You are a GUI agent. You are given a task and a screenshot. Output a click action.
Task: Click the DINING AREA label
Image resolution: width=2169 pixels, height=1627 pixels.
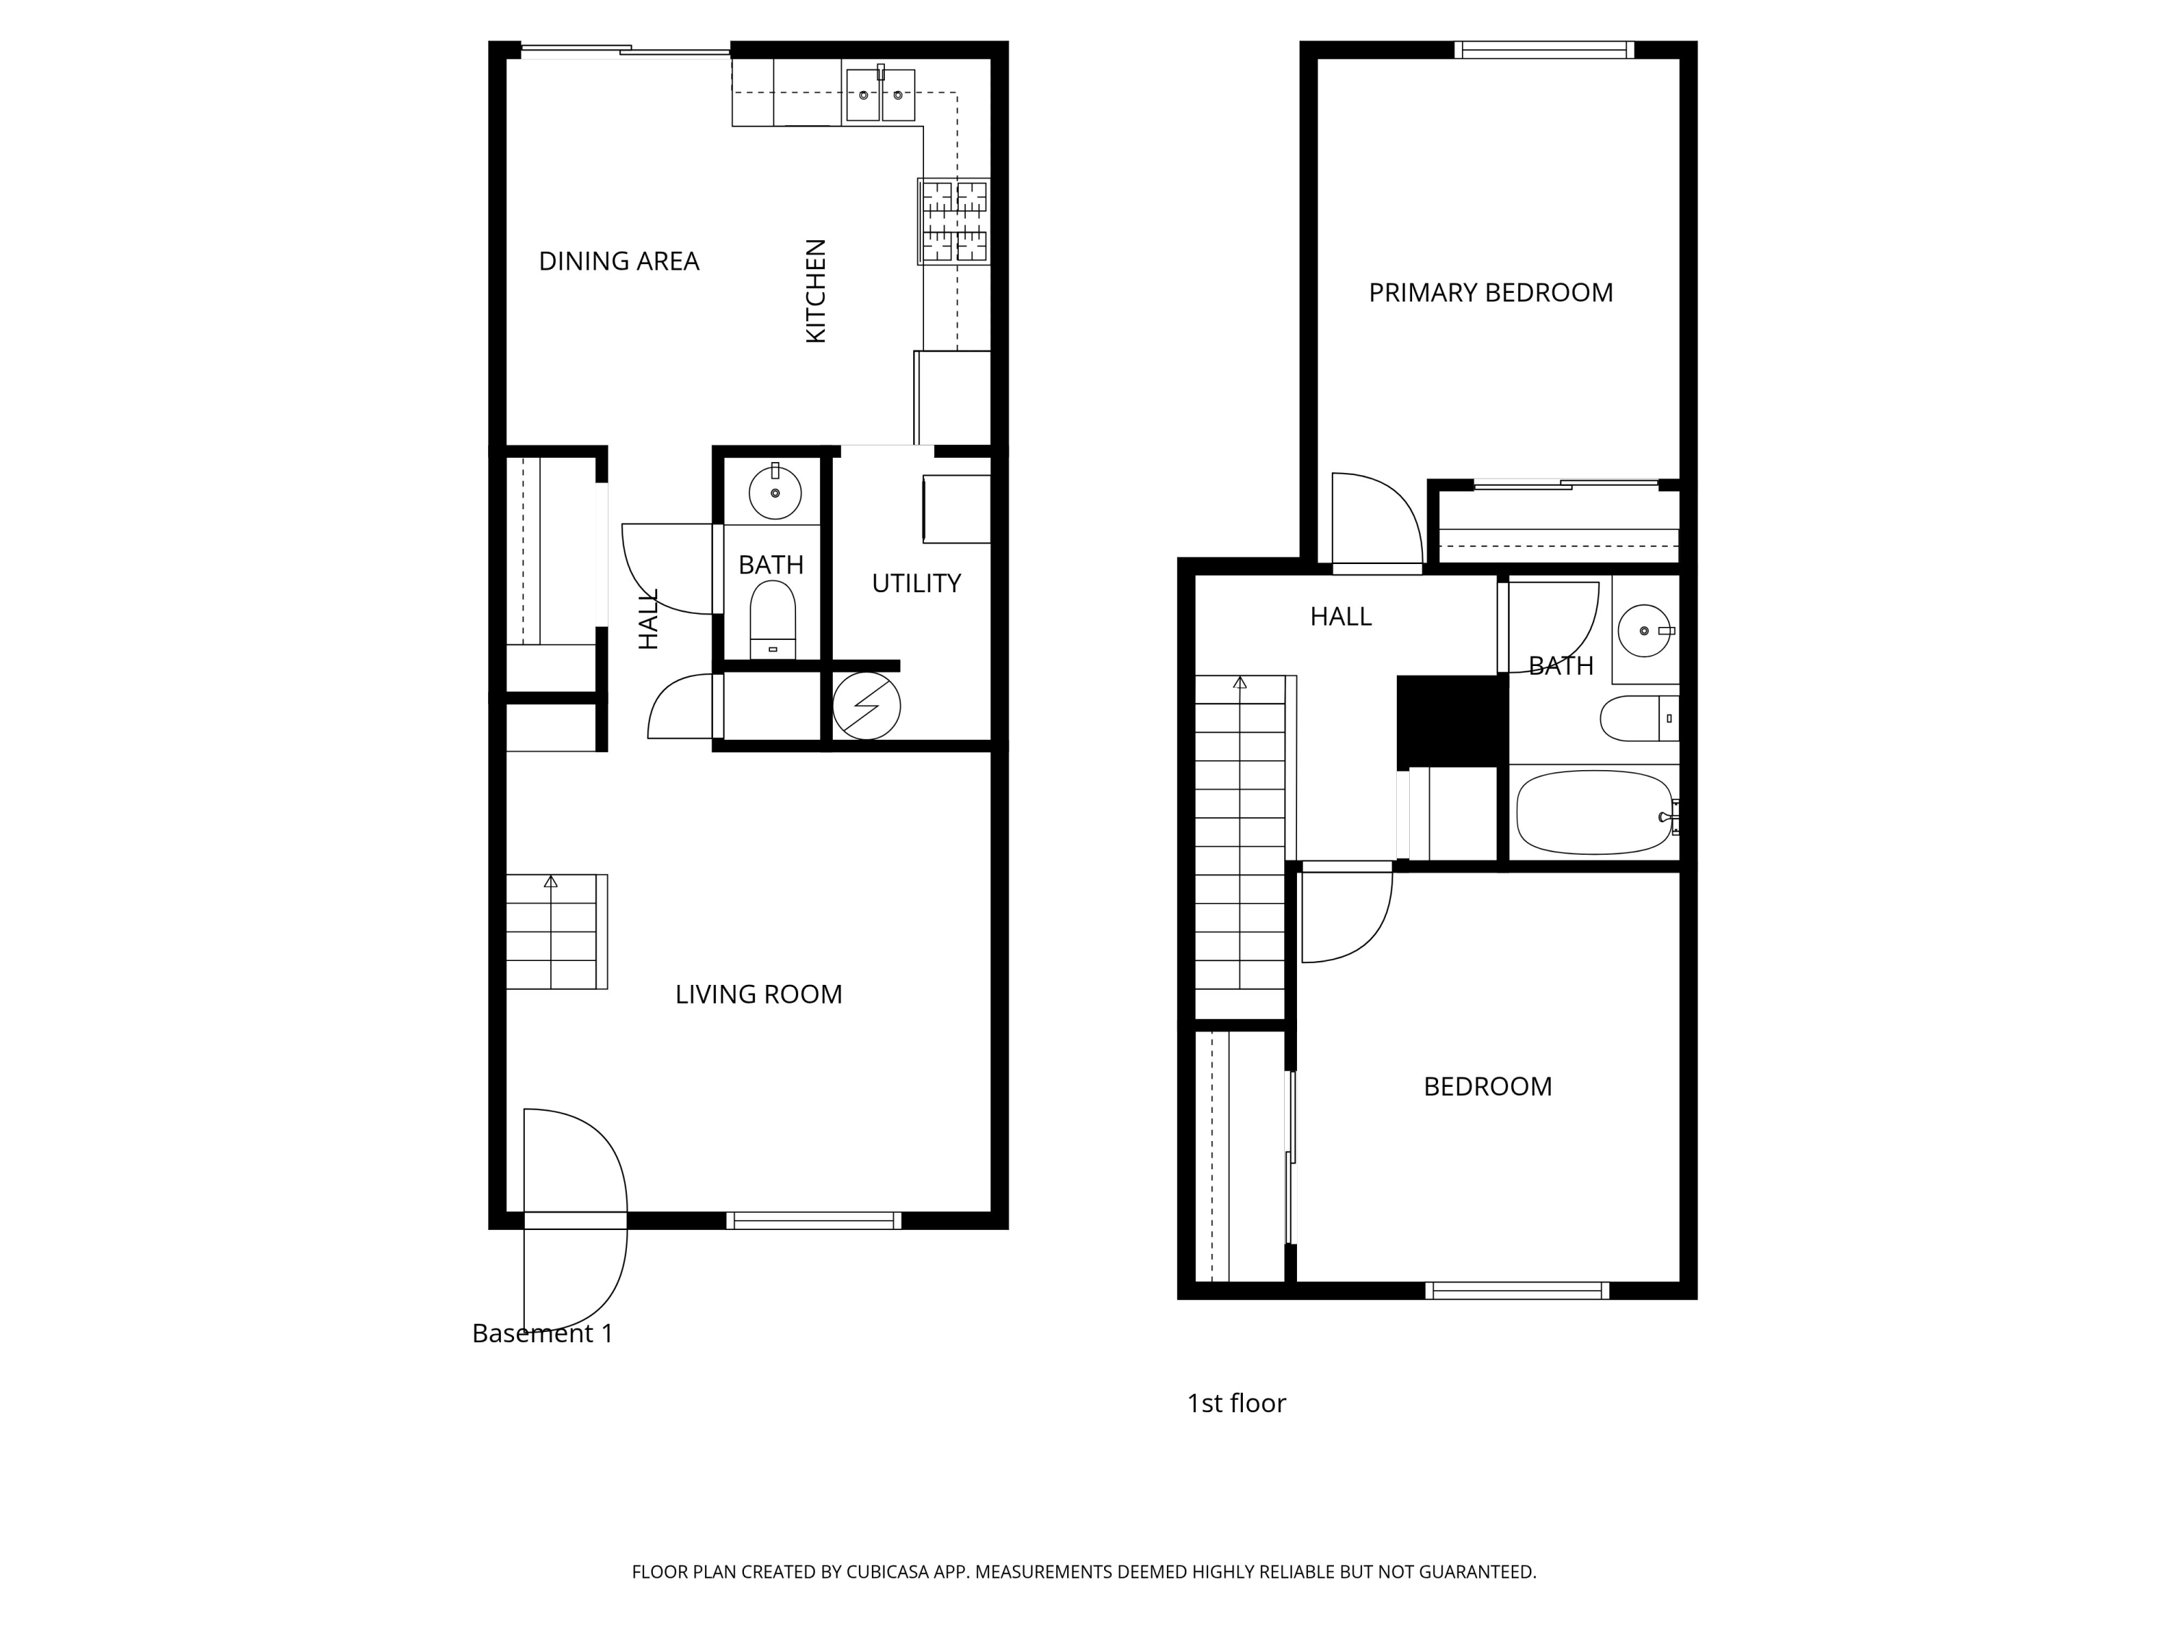pos(619,262)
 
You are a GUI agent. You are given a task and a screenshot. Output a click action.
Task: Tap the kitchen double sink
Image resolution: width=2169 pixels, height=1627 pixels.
pos(880,95)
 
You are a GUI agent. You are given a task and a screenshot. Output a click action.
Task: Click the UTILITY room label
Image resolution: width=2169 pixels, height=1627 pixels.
pos(916,584)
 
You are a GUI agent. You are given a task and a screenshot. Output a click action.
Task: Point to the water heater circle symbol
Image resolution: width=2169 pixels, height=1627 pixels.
pos(866,706)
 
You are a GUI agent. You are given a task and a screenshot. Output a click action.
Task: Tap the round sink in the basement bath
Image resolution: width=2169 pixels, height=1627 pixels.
pos(774,492)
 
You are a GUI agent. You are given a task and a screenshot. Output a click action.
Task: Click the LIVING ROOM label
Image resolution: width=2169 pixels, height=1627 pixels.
pos(758,994)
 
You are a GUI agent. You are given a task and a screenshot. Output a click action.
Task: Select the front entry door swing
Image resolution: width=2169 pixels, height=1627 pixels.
pos(573,1167)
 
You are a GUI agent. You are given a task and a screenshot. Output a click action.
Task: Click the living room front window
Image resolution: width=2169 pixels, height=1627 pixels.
pos(813,1220)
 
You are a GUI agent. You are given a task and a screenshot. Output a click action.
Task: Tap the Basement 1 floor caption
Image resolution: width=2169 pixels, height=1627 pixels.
pos(542,1333)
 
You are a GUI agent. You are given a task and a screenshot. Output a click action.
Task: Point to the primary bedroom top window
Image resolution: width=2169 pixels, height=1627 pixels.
pos(1544,50)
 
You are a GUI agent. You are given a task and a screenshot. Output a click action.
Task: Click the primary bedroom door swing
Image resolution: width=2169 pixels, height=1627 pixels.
pos(1374,520)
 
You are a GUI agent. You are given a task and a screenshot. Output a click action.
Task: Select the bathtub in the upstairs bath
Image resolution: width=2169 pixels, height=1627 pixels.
pos(1593,812)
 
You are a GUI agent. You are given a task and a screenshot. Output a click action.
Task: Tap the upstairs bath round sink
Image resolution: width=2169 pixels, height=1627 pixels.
pos(1644,631)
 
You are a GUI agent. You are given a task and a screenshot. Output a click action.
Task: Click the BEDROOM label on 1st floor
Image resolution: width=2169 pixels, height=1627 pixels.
pos(1487,1087)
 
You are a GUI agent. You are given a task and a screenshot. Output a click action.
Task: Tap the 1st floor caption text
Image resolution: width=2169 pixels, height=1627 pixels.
pos(1236,1404)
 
